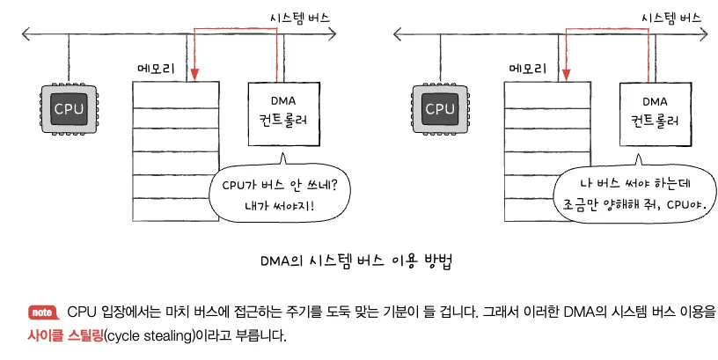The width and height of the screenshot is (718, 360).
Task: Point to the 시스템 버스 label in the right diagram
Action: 671,17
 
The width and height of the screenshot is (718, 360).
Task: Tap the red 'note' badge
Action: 42,312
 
